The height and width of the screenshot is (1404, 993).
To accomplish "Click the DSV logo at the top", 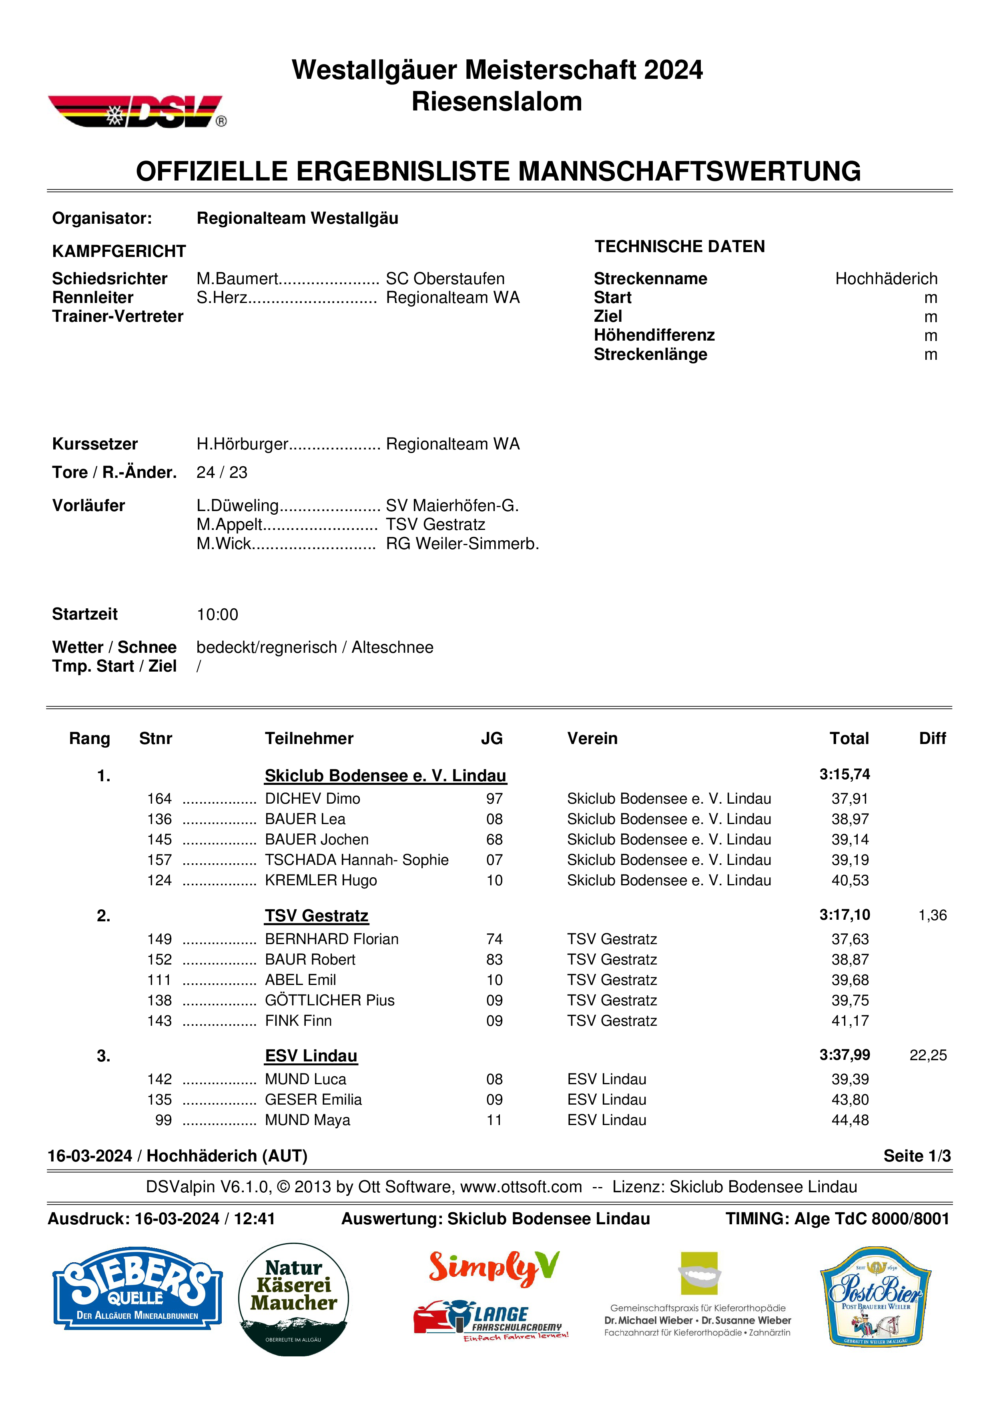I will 137,111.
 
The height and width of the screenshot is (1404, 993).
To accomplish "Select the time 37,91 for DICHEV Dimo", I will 849,798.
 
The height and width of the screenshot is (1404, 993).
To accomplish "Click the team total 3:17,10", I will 845,915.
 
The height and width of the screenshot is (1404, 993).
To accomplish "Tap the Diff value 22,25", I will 928,1055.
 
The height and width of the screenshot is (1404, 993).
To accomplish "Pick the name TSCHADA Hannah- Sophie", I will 357,860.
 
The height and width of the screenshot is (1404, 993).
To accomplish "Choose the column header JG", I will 491,739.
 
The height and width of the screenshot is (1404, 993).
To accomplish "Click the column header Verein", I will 592,739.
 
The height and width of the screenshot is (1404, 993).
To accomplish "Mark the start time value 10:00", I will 217,615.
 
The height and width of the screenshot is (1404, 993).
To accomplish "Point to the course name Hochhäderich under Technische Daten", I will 886,279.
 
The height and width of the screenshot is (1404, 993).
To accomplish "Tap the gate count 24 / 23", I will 221,472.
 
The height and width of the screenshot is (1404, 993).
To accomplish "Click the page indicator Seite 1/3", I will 917,1156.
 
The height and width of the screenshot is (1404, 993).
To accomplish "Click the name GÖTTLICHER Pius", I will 329,1001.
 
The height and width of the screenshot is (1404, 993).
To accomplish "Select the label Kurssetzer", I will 95,444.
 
